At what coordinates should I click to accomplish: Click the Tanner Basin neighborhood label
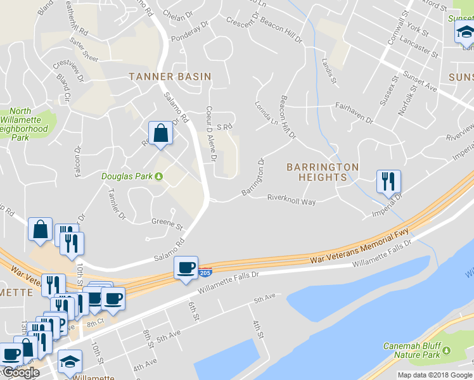pos(169,77)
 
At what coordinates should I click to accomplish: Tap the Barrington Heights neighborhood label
pos(323,172)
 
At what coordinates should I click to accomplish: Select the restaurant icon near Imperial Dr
pos(388,181)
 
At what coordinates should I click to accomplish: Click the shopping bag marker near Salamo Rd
pos(160,134)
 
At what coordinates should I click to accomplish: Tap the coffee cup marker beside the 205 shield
pos(186,268)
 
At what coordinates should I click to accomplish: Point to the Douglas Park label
pos(127,176)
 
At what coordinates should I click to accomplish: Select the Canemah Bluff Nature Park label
pos(411,351)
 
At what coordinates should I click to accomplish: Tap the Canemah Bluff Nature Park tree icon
pos(447,350)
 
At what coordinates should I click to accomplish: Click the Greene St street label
pos(167,224)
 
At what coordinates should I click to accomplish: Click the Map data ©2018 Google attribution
pos(435,375)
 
